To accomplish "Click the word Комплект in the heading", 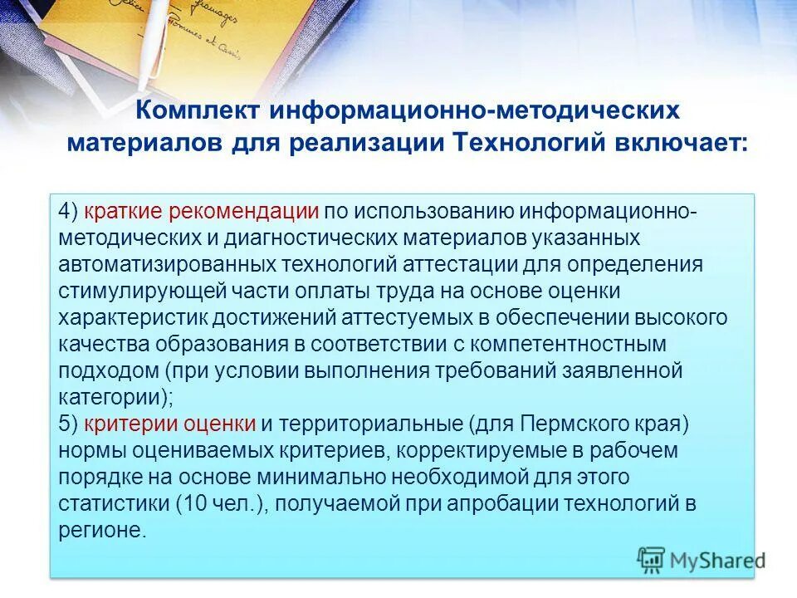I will tap(195, 112).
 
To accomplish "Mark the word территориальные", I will tap(373, 424).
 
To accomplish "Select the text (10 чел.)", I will tap(222, 503).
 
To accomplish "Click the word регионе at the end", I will tap(101, 530).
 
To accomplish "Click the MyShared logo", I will tap(702, 560).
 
